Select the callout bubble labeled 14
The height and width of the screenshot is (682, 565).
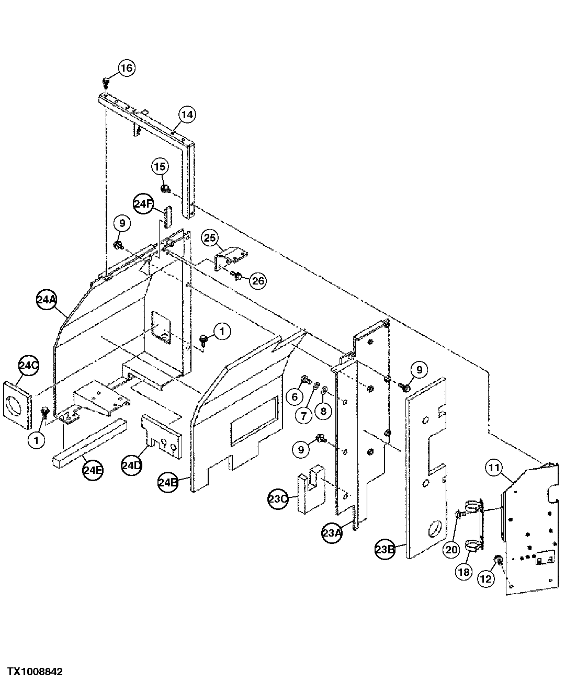(187, 114)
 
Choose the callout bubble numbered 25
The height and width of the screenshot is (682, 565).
(210, 239)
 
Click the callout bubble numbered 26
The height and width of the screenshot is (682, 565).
(257, 281)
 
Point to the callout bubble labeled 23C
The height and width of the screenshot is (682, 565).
(278, 499)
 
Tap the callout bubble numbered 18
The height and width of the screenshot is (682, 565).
(464, 572)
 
